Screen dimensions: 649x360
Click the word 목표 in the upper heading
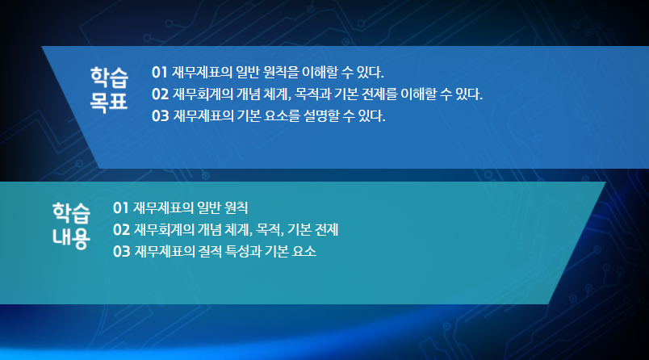(x=109, y=102)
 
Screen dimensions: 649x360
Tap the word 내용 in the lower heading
(x=71, y=237)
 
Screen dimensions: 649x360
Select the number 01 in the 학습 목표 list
(x=159, y=73)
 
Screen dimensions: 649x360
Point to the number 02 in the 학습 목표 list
(x=160, y=94)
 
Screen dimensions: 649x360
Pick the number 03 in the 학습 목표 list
(x=160, y=116)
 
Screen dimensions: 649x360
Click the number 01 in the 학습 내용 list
(x=120, y=207)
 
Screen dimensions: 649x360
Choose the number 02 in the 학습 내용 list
(x=121, y=230)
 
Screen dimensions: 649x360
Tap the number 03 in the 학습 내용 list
(x=122, y=251)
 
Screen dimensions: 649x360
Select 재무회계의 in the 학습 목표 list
(x=203, y=94)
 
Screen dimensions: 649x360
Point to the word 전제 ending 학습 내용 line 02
(x=327, y=230)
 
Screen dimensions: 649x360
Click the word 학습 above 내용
(x=71, y=212)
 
